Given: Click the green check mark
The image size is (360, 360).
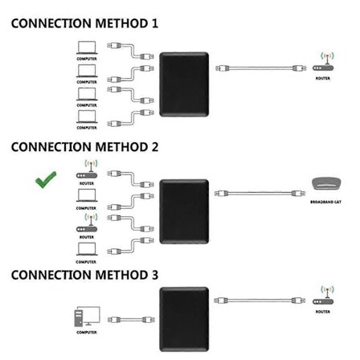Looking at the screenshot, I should pos(46,180).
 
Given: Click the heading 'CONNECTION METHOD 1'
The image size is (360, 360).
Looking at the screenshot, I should pos(84,23).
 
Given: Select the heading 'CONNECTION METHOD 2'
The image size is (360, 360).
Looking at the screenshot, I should pos(84,147).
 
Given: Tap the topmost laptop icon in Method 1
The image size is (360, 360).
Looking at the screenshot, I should pos(87,47).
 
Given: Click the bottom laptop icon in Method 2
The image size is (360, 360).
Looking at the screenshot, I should pos(87,250).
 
